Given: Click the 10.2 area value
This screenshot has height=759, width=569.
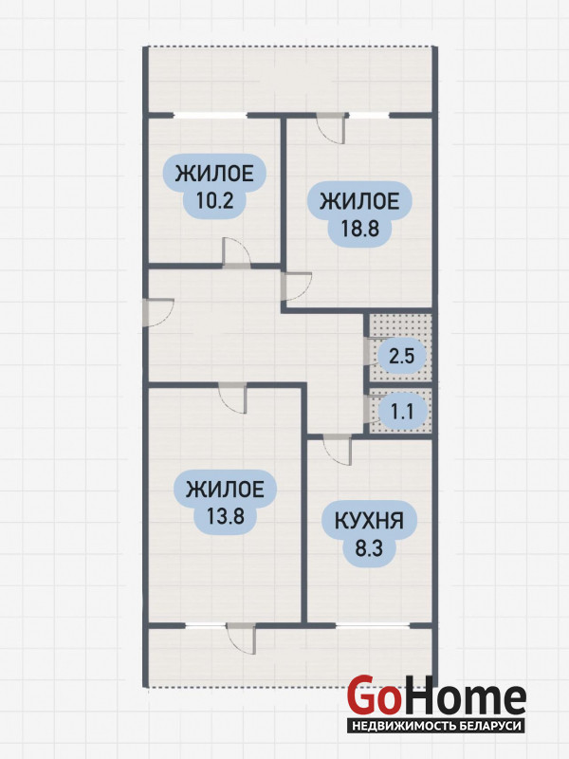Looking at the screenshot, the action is pyautogui.click(x=214, y=200).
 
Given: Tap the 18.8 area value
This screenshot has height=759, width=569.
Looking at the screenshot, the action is pyautogui.click(x=359, y=228).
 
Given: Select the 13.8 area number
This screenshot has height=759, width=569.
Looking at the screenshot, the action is pyautogui.click(x=225, y=516).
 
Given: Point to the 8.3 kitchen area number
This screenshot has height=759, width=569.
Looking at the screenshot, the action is pyautogui.click(x=369, y=549).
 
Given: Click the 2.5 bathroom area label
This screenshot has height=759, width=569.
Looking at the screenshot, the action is pyautogui.click(x=402, y=357).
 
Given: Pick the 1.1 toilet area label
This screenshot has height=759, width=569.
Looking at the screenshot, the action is pyautogui.click(x=402, y=412).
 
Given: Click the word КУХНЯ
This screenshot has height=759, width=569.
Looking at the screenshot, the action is pyautogui.click(x=369, y=521).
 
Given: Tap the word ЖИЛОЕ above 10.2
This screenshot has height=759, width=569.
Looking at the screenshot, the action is pyautogui.click(x=214, y=174).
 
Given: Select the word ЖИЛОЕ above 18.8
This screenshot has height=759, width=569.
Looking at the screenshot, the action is pyautogui.click(x=359, y=201).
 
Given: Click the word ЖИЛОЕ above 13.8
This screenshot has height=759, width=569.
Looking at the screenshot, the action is pyautogui.click(x=225, y=490).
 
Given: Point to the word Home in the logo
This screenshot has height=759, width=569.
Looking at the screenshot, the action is pyautogui.click(x=464, y=697).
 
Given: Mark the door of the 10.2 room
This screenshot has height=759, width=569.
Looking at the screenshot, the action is pyautogui.click(x=236, y=252).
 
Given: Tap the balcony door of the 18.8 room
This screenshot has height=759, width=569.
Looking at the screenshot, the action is pyautogui.click(x=331, y=129).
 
